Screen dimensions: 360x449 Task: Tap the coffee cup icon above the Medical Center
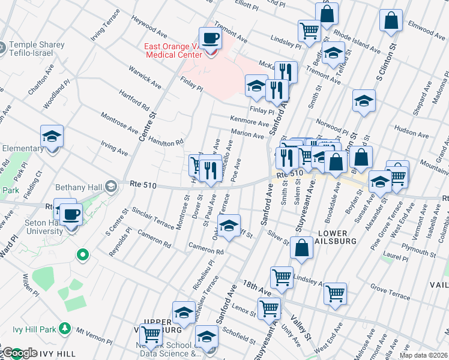point(210,38)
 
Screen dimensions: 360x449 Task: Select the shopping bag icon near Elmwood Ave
point(391,20)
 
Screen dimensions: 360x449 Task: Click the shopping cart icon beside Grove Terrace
point(335,293)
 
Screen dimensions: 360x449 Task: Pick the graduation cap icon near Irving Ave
point(52,137)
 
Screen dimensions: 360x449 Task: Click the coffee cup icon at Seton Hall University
point(71,214)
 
